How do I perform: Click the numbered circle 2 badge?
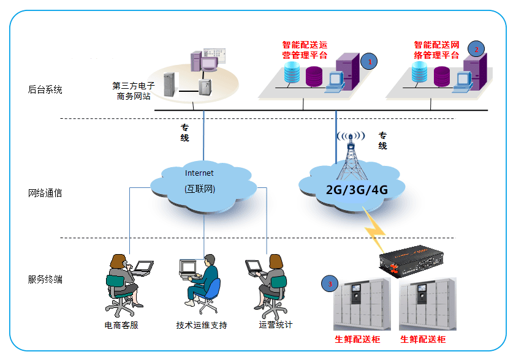point(476,49)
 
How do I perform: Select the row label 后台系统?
point(45,90)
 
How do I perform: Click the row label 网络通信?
point(45,193)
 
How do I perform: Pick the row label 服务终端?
point(45,279)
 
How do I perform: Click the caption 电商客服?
point(121,325)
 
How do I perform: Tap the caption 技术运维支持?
point(202,325)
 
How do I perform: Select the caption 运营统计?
point(276,324)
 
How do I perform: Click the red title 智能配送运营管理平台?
point(305,50)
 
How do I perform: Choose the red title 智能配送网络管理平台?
point(436,50)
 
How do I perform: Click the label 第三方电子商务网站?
point(134,91)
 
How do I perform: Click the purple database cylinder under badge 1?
point(314,77)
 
